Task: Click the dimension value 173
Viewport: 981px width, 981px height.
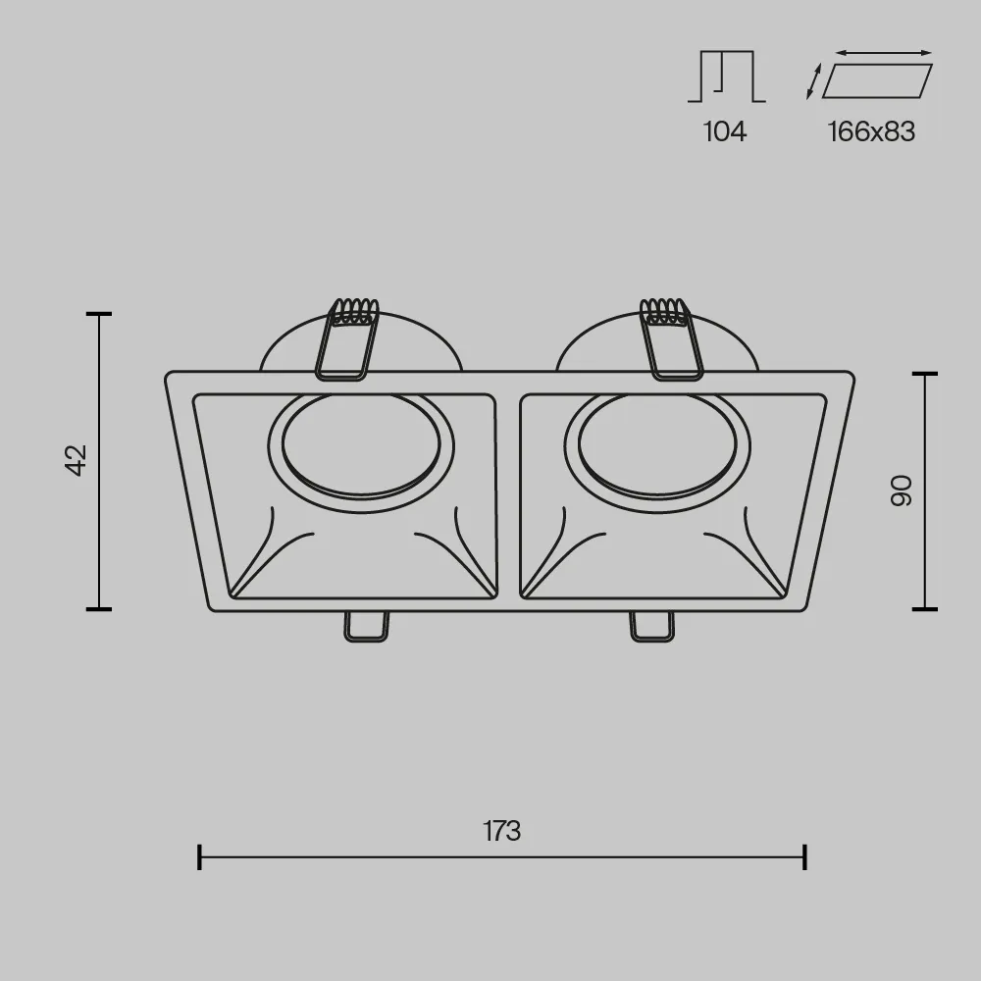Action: click(x=501, y=831)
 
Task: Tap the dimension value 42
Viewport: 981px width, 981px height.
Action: click(x=77, y=460)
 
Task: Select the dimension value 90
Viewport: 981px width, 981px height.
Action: click(x=902, y=490)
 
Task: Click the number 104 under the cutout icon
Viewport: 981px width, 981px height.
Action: click(x=725, y=132)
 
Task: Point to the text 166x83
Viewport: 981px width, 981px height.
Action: click(x=871, y=132)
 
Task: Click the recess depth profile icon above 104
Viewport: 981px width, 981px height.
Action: click(x=726, y=77)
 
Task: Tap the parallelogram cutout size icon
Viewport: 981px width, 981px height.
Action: click(x=877, y=80)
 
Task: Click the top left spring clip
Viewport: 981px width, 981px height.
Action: click(x=346, y=339)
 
